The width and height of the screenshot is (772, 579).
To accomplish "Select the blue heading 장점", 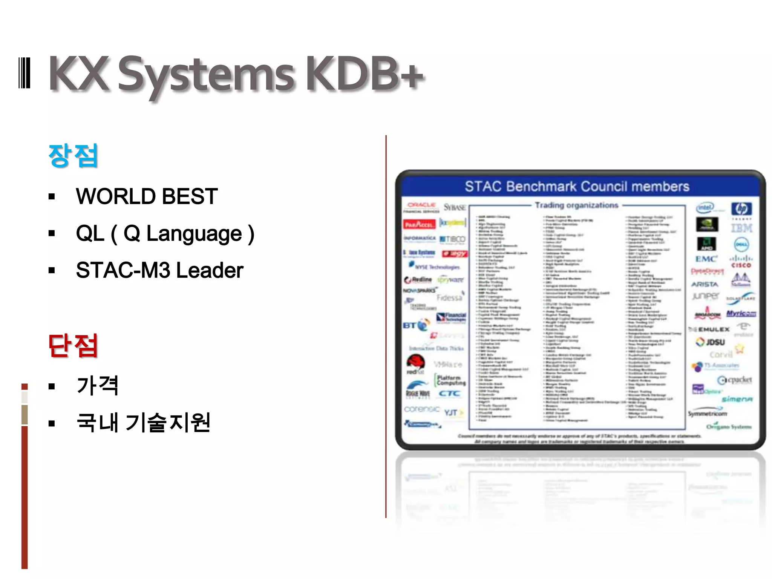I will click(73, 155).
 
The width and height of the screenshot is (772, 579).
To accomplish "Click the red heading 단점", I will click(73, 345).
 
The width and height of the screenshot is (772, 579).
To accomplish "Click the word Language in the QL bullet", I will click(194, 234).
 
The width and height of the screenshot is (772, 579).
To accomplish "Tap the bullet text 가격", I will click(98, 385).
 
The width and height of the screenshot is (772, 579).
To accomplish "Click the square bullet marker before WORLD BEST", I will click(52, 197).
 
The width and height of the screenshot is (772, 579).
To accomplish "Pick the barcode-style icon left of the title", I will click(24, 73).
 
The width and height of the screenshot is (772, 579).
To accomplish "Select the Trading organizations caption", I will click(576, 205).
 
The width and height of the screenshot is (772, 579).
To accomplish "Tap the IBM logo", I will click(741, 228).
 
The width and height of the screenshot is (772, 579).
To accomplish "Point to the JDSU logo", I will click(710, 342).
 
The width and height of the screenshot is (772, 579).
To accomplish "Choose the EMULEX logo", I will click(711, 329).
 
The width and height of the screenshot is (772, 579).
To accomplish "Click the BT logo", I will click(416, 325).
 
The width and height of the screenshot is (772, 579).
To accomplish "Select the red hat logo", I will click(416, 364).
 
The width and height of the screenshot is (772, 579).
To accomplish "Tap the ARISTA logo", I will click(705, 284).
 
